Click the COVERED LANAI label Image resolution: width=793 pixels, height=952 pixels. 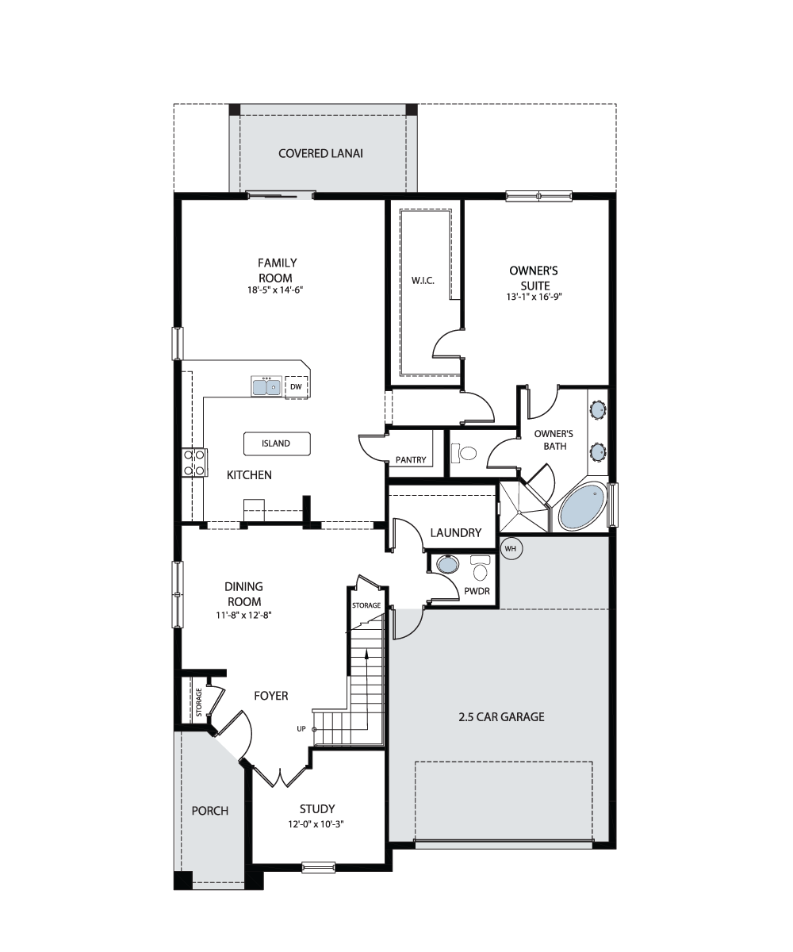click(x=320, y=154)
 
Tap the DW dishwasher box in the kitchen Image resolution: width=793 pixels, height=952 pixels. click(x=297, y=387)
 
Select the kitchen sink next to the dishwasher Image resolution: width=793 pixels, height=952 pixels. click(x=266, y=386)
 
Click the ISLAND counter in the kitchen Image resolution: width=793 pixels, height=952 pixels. click(x=277, y=443)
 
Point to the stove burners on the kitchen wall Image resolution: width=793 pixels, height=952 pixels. click(x=194, y=463)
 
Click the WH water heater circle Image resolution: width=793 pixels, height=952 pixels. click(x=511, y=548)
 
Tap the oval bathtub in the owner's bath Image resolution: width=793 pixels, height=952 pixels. click(x=582, y=507)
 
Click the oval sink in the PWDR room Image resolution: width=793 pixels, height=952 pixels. click(x=448, y=564)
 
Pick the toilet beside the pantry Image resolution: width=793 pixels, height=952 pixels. click(x=464, y=453)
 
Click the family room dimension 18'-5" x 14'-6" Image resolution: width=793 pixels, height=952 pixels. click(x=275, y=290)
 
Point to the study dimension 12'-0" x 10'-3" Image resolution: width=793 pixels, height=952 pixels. click(x=316, y=824)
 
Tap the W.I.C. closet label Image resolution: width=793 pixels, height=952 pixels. click(x=423, y=281)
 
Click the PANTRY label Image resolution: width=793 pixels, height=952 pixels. click(x=411, y=460)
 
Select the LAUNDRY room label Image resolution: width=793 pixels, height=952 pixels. click(x=456, y=532)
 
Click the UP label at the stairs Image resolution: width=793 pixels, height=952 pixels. click(x=301, y=729)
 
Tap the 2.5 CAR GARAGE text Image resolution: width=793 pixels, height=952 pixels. click(x=501, y=717)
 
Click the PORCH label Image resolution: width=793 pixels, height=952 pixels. click(x=210, y=811)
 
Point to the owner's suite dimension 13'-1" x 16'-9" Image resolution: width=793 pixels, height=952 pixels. click(x=534, y=297)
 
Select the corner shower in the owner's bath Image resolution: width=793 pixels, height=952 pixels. click(x=524, y=507)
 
